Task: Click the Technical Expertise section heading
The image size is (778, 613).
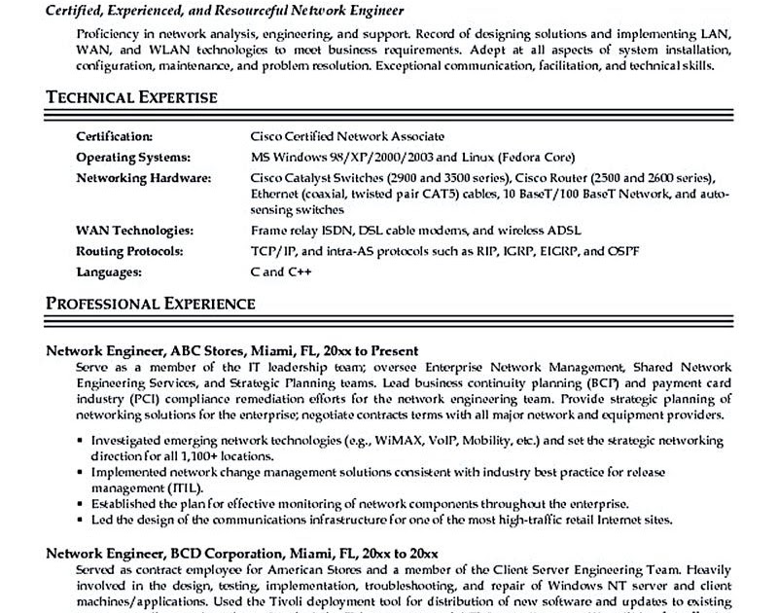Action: point(131,98)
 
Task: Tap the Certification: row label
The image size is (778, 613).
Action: point(115,137)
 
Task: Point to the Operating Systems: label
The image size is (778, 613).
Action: point(132,158)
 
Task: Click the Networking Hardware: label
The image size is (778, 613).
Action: point(142,178)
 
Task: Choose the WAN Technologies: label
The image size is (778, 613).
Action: point(134,231)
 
